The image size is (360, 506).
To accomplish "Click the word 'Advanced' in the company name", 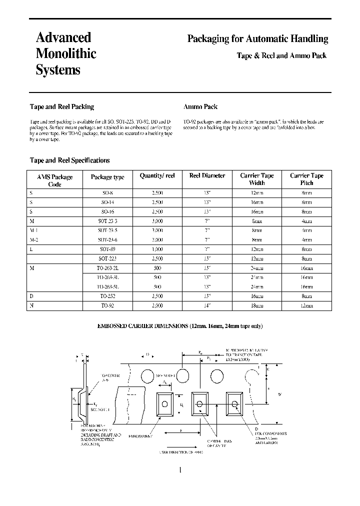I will tap(63, 37).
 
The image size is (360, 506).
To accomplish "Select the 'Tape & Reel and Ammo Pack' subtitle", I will tap(281, 55).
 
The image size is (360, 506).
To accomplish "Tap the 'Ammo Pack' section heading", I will tap(200, 106).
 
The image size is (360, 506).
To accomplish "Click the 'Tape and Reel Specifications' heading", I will tap(69, 160).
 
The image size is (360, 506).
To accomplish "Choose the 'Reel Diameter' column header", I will tap(207, 176).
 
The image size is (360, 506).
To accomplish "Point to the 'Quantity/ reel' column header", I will tap(157, 176).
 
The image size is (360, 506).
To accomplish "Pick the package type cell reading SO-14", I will tap(107, 202).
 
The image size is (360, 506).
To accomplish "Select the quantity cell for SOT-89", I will tap(157, 248).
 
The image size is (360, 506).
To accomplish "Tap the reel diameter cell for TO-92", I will tap(207, 305).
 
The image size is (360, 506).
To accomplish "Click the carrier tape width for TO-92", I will tap(257, 305).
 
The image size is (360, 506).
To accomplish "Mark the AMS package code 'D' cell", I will tap(32, 295).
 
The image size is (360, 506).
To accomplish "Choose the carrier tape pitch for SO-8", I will tap(306, 192).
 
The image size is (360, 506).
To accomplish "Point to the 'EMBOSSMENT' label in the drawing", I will tap(140, 436).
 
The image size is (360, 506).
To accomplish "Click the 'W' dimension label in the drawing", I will tap(279, 394).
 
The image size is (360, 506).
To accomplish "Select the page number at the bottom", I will tap(179, 469).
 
